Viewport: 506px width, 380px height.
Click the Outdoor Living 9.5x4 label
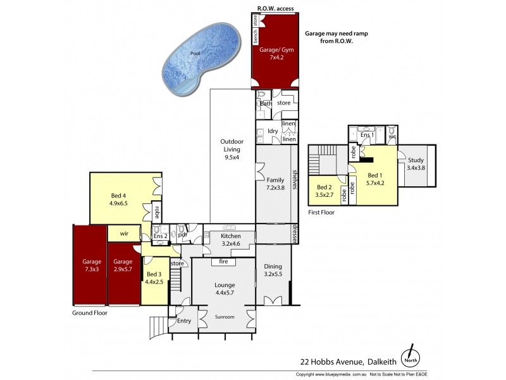[232, 149]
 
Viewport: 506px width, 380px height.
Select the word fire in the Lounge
[223, 261]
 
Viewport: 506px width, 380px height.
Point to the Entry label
[183, 321]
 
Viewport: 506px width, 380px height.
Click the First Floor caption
[322, 213]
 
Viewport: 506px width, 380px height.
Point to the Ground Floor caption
[90, 312]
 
